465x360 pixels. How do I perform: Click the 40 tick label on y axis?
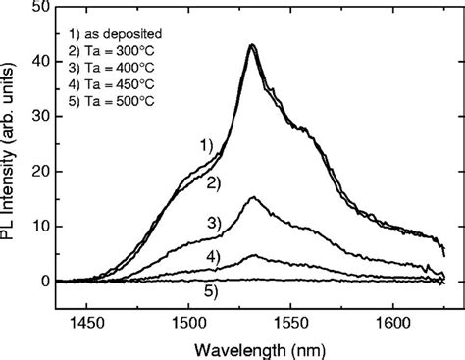click(x=37, y=62)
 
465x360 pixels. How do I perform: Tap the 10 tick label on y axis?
click(x=37, y=227)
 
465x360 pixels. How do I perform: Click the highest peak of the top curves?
click(x=252, y=45)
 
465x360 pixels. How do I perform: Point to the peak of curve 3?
click(x=254, y=198)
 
